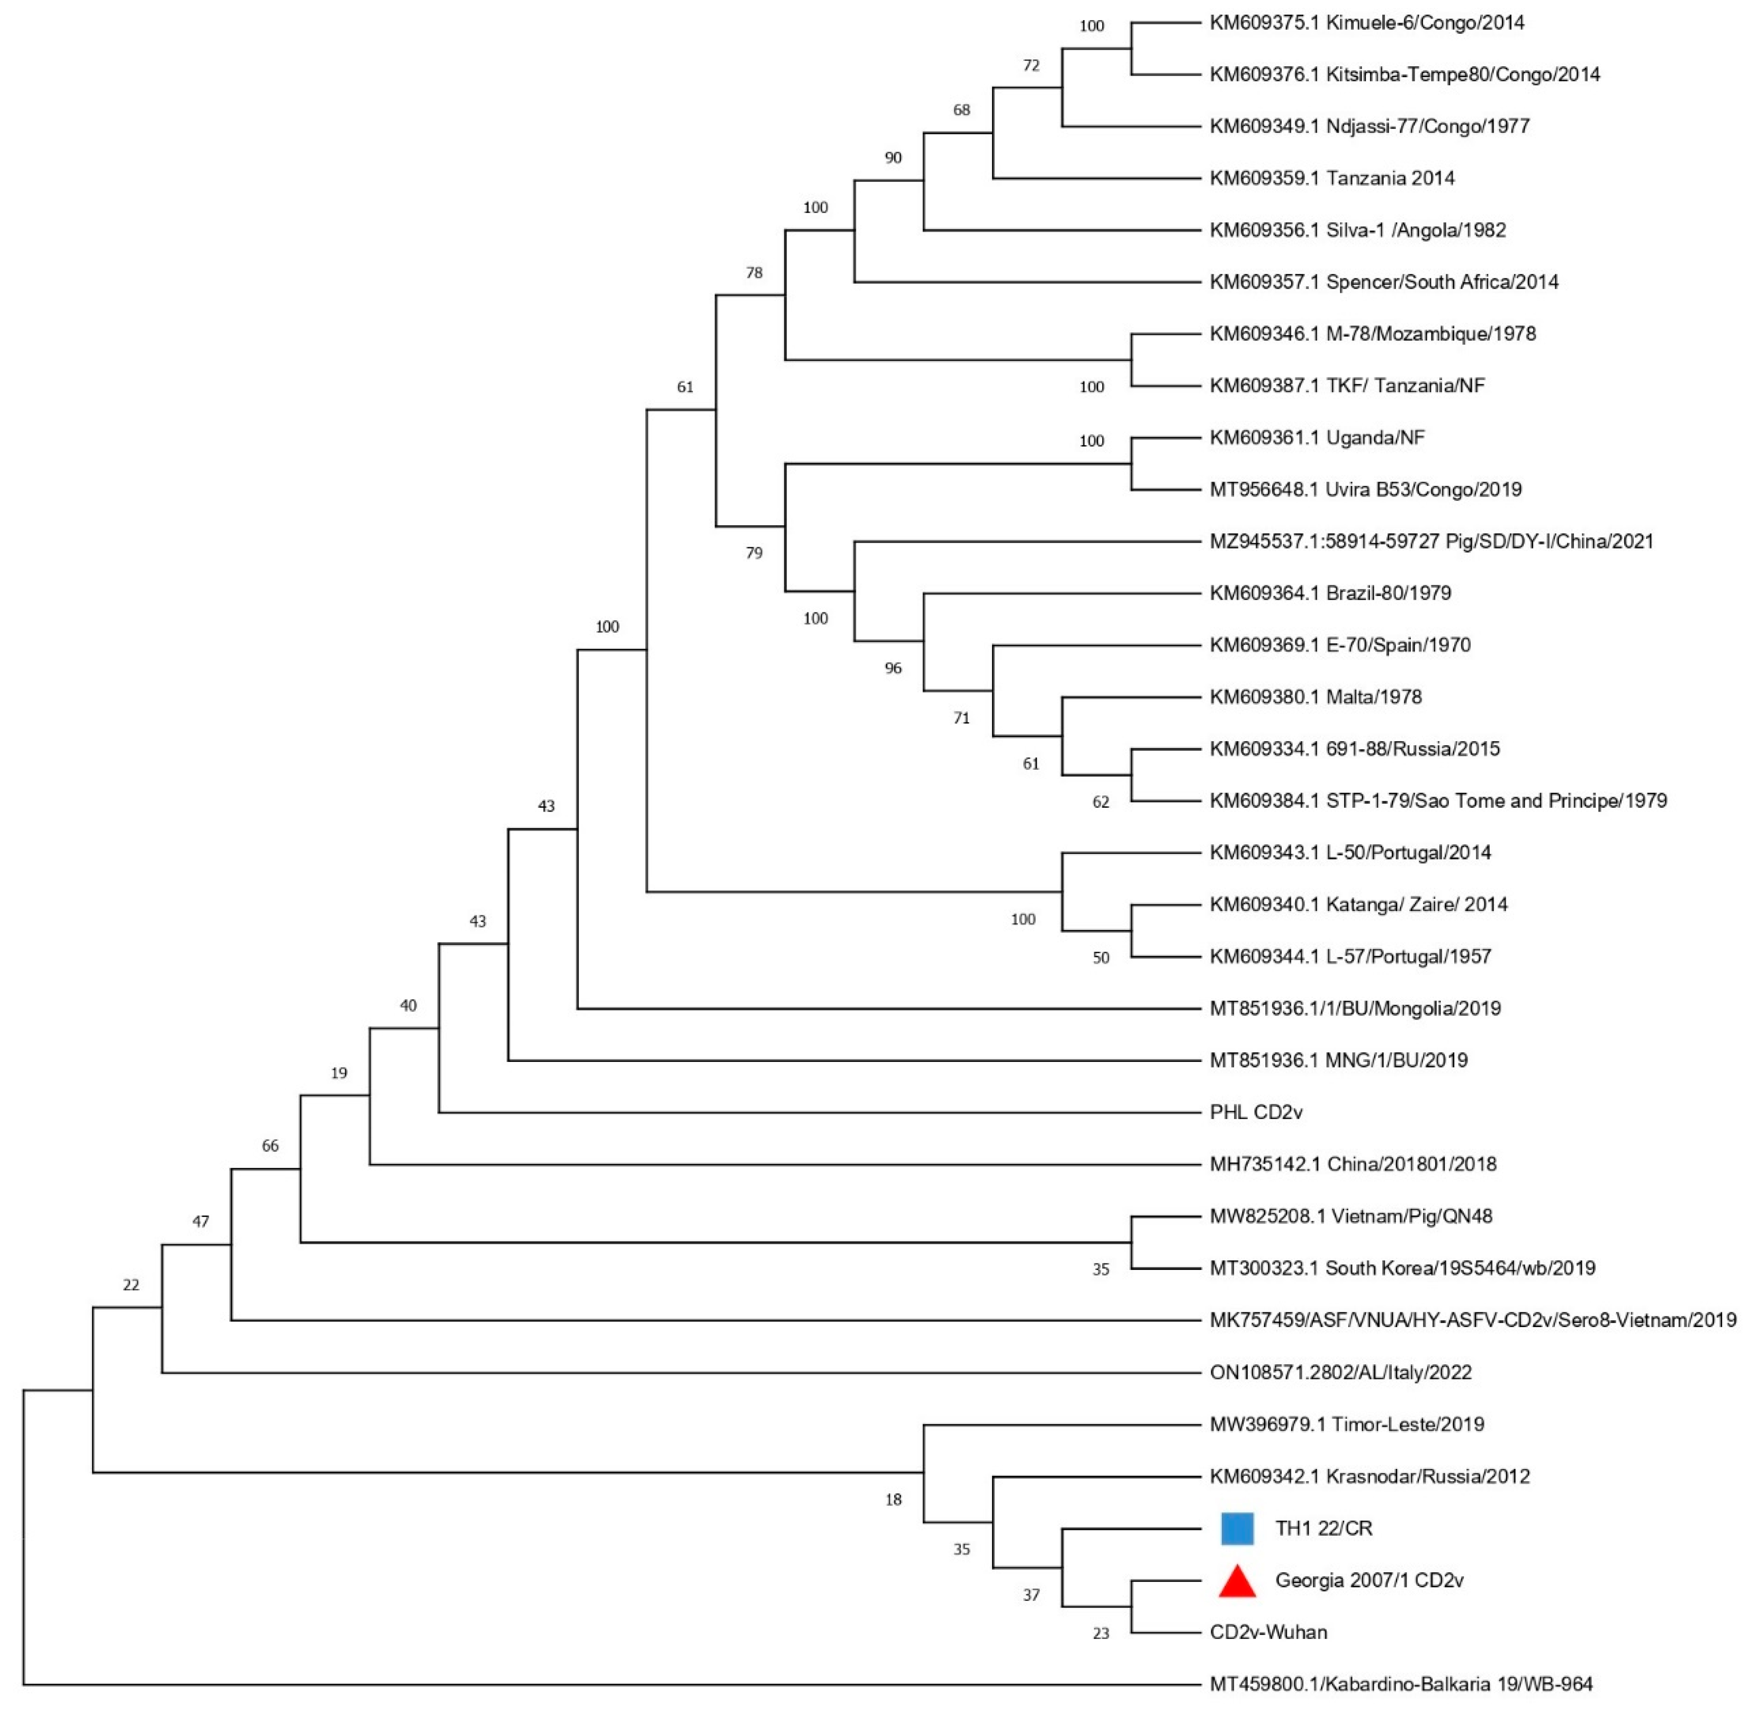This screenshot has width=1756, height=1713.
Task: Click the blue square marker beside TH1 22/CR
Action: click(x=1237, y=1529)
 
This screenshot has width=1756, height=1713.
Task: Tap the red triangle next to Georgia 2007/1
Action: click(x=1237, y=1582)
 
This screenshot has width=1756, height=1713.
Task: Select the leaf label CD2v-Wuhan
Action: click(x=1268, y=1632)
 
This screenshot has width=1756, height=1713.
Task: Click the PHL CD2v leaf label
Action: click(x=1256, y=1112)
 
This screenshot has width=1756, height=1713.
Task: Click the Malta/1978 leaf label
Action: click(x=1315, y=696)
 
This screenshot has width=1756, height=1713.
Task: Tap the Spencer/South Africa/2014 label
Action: click(x=1383, y=282)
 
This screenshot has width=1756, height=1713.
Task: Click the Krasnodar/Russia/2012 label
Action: click(x=1369, y=1476)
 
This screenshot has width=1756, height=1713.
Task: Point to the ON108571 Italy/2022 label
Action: click(x=1340, y=1372)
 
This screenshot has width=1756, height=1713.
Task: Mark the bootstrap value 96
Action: click(x=893, y=668)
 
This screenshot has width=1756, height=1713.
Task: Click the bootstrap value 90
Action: click(x=893, y=157)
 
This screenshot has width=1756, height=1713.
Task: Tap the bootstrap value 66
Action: click(x=270, y=1146)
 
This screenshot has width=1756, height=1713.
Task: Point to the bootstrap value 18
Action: click(x=893, y=1499)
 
